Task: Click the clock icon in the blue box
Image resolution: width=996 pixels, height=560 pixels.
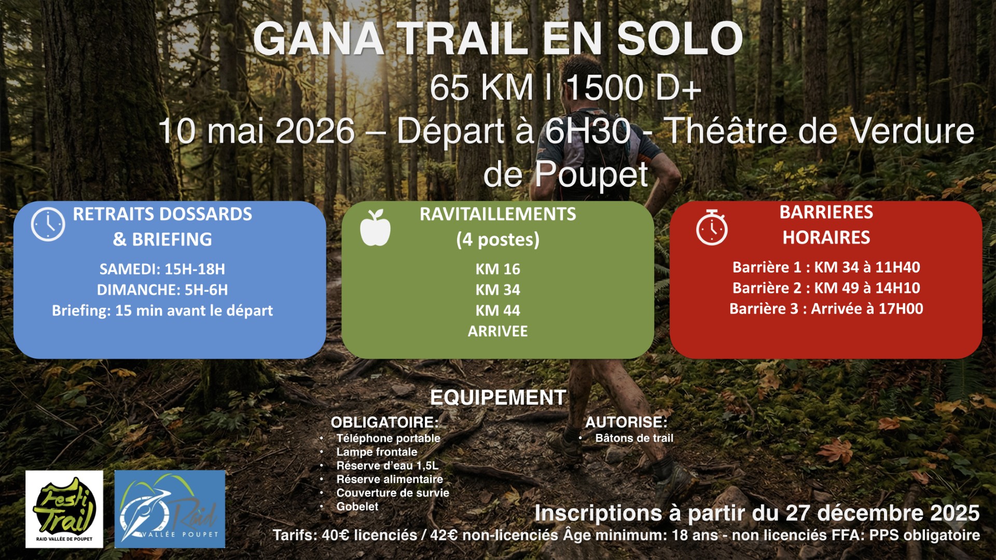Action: pos(48,224)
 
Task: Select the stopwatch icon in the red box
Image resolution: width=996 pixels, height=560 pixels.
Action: pos(712,227)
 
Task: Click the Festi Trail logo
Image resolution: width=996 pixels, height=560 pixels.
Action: pos(64,509)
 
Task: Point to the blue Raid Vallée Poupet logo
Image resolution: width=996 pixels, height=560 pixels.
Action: pos(170,509)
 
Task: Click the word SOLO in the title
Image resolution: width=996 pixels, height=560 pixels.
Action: pos(680,39)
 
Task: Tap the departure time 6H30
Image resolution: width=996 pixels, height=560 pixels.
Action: pos(588,130)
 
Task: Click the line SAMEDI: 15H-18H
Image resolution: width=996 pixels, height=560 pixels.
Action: pos(162,269)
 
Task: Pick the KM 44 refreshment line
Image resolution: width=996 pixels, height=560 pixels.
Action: pos(498,310)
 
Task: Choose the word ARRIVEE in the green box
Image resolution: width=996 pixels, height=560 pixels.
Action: pos(498,331)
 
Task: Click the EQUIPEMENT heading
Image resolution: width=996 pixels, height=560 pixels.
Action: pos(498,398)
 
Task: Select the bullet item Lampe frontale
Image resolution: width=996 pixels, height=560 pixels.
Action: pos(377,452)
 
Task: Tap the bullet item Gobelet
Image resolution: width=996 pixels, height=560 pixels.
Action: pos(357,507)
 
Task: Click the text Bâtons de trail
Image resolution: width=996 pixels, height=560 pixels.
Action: pos(634,438)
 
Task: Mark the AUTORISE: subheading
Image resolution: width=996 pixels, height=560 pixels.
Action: pos(627,422)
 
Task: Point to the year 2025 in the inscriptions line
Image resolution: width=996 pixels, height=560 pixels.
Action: pos(955,513)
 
